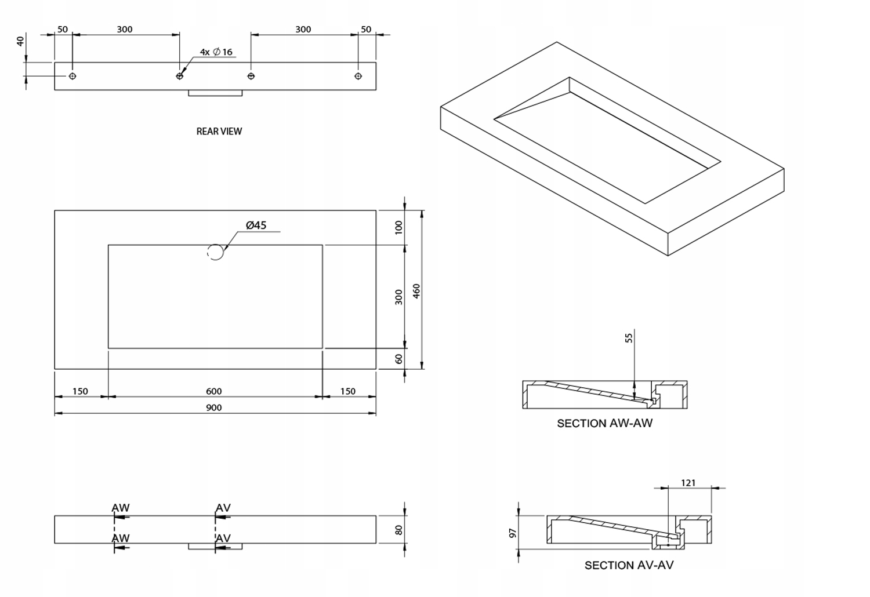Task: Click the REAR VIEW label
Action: (219, 131)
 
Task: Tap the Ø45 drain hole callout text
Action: (256, 225)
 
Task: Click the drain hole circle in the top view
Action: (215, 252)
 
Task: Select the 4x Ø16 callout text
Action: (216, 52)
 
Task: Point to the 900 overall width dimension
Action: (214, 407)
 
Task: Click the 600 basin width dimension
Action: (214, 391)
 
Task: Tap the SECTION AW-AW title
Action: (604, 423)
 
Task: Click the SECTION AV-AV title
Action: (629, 565)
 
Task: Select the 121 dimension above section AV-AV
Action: (688, 482)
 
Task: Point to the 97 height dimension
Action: (513, 532)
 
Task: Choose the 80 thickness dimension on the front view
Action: (398, 530)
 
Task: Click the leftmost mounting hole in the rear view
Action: (72, 76)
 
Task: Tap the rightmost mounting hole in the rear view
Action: (358, 76)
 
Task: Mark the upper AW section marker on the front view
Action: (121, 508)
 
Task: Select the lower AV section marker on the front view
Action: (223, 538)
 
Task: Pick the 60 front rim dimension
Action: (398, 359)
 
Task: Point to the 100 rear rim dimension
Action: (398, 227)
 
